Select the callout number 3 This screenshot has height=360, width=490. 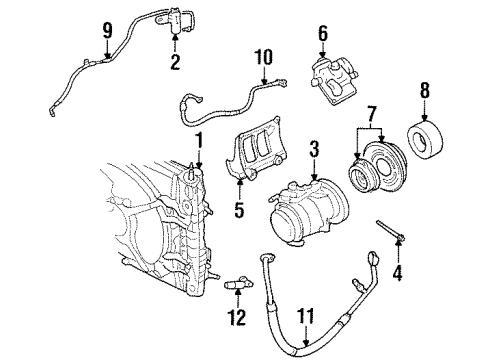point(313,151)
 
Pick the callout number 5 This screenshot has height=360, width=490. point(238,212)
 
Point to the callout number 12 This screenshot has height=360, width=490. point(237,319)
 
